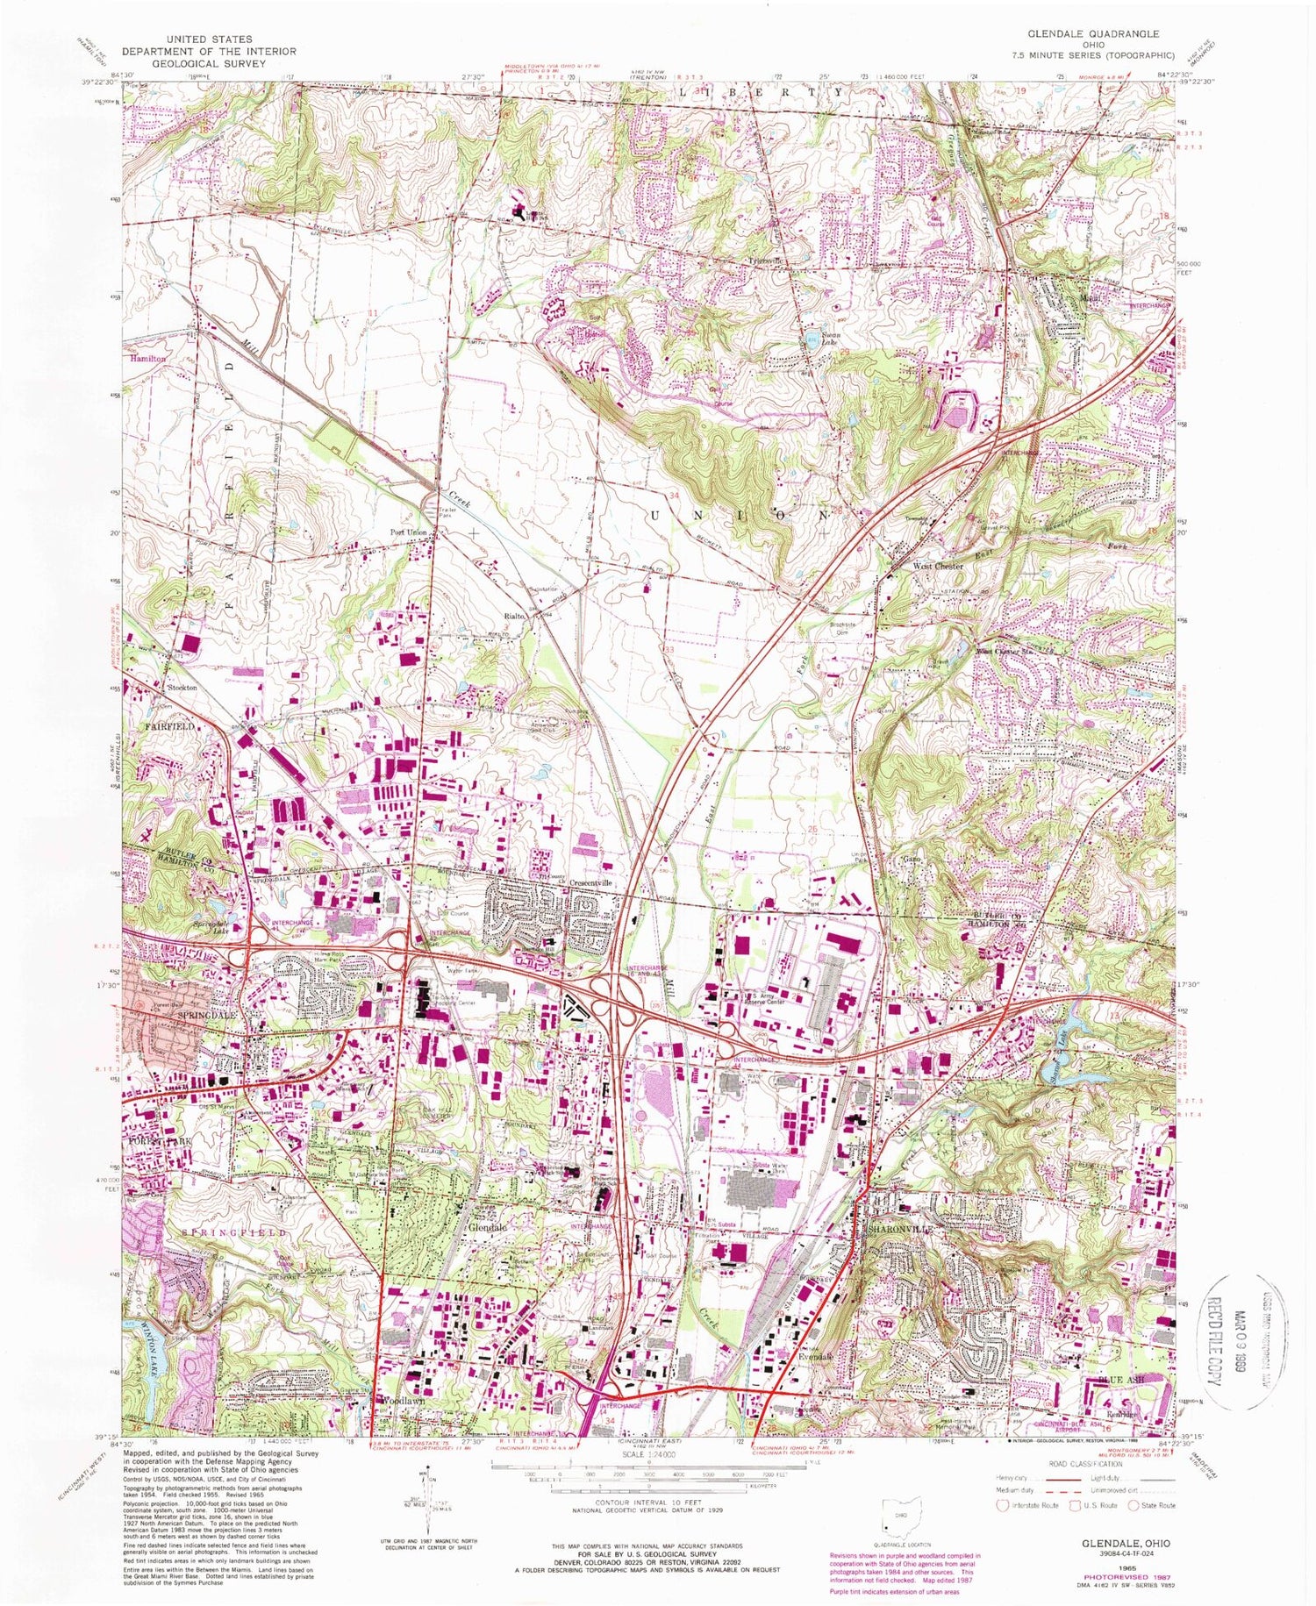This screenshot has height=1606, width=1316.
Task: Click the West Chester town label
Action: [938, 567]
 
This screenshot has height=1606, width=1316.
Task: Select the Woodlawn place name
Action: [404, 1401]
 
